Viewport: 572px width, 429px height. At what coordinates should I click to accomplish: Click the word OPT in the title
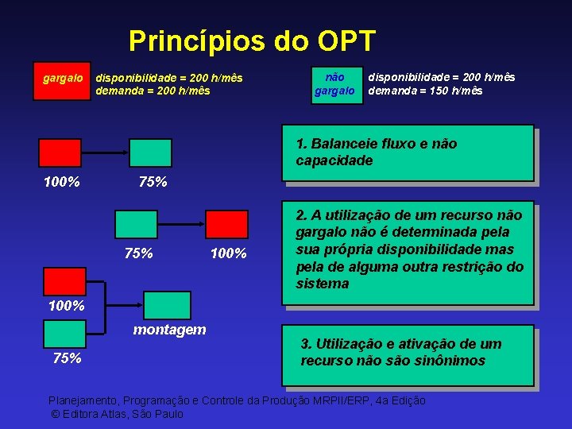click(346, 41)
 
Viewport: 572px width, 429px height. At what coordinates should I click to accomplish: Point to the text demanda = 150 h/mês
click(425, 91)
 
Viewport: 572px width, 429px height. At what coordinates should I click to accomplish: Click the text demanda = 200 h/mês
click(153, 91)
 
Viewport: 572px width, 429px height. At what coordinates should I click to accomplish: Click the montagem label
click(169, 329)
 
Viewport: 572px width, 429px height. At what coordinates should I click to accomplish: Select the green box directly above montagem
click(166, 305)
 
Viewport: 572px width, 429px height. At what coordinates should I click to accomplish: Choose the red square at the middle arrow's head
click(226, 224)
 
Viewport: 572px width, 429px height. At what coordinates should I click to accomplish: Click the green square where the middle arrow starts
click(136, 224)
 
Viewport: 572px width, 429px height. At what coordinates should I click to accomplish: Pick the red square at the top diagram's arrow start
click(60, 153)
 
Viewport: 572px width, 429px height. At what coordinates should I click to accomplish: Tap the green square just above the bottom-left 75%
click(64, 334)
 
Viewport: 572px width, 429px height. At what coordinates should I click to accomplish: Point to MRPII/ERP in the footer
click(346, 400)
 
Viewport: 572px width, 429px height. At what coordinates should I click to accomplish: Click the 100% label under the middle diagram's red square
click(229, 253)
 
